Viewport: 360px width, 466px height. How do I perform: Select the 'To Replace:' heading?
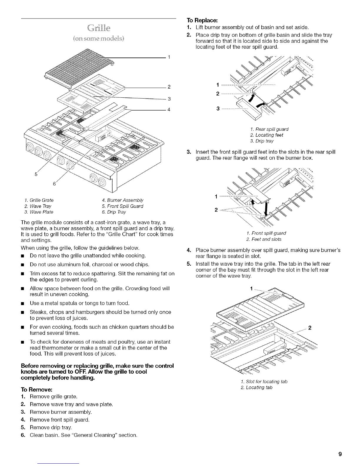[202, 21]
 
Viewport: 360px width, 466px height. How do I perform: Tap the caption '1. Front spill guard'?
[266, 233]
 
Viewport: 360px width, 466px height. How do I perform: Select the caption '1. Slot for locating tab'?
[264, 382]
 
